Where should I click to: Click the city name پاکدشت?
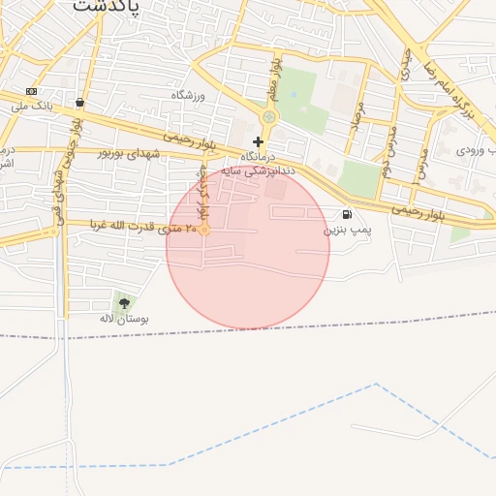[106, 5]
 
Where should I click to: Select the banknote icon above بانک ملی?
[32, 91]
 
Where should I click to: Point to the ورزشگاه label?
[190, 95]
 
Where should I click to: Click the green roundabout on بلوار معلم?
[268, 117]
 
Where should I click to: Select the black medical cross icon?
[258, 141]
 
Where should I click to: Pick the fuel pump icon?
[346, 214]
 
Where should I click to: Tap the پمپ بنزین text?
[346, 231]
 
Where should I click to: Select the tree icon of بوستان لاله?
[123, 304]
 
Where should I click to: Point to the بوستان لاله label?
[124, 318]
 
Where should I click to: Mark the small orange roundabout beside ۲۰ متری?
[204, 229]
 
